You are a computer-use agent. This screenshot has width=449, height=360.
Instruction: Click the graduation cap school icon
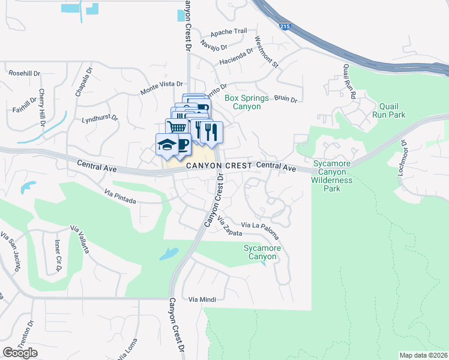coord(166,145)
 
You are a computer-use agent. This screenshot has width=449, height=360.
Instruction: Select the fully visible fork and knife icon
coord(211,132)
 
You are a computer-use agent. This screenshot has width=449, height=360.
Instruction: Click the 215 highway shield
coord(285,26)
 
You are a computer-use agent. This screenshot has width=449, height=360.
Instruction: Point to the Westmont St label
coord(267,52)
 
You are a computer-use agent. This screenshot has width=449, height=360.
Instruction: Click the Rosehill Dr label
coord(24,73)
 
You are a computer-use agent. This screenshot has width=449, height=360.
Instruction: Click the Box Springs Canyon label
coord(243,102)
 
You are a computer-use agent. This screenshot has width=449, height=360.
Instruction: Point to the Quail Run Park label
coord(388,110)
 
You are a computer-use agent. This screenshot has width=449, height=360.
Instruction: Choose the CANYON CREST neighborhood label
coord(218,166)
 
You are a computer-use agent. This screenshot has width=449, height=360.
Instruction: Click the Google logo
coord(20,353)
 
